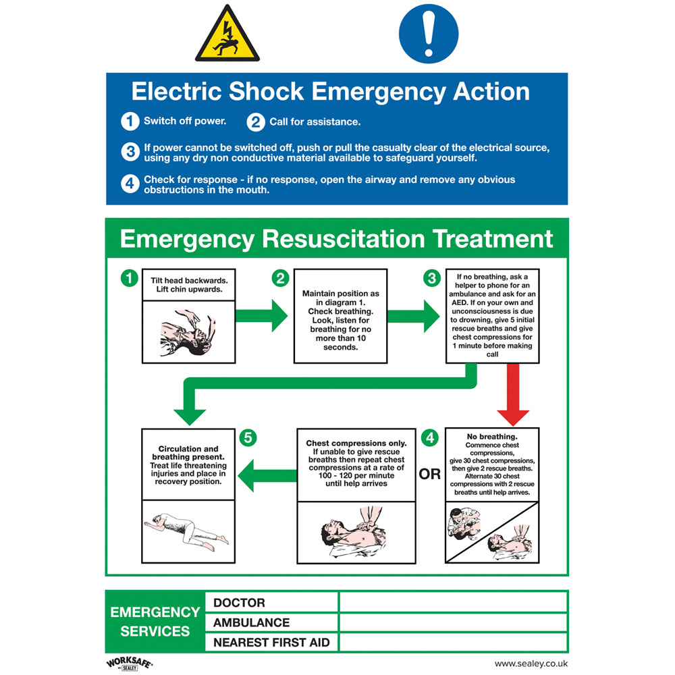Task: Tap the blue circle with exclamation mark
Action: point(428,33)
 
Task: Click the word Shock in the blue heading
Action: point(267,92)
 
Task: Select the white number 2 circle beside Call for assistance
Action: point(256,122)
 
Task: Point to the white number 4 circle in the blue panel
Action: point(130,184)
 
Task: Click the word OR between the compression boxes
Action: point(430,475)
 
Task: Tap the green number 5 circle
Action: point(248,438)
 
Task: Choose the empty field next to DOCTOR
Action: point(452,602)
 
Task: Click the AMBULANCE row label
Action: point(251,622)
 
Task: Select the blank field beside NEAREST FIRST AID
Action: point(452,642)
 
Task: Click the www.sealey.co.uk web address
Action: point(531,664)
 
